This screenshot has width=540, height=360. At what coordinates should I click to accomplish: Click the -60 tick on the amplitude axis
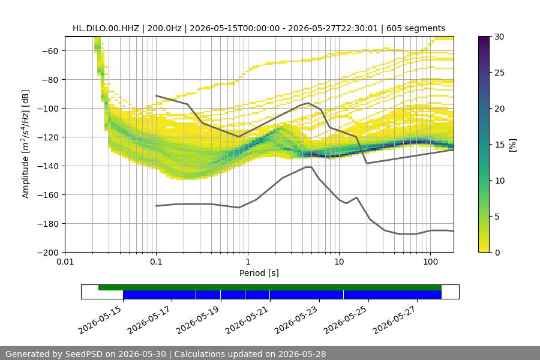[x=50, y=51]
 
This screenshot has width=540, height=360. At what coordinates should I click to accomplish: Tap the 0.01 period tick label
[x=65, y=262]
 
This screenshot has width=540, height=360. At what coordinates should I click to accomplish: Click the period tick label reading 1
[x=248, y=262]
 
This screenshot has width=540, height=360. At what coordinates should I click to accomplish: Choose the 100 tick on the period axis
[x=430, y=262]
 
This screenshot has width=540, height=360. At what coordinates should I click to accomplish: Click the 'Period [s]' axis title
[x=259, y=273]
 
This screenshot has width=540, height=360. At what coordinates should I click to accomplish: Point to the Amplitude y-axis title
[x=25, y=144]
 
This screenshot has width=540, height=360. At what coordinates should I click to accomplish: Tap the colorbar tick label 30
[x=499, y=37]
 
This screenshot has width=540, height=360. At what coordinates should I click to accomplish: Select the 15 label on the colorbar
[x=499, y=145]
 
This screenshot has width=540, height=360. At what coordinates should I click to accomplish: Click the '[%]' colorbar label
[x=513, y=145]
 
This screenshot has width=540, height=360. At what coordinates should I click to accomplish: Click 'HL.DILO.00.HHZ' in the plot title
[x=106, y=28]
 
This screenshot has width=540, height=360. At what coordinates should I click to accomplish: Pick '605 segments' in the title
[x=416, y=28]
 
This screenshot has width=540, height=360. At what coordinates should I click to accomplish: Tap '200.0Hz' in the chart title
[x=164, y=28]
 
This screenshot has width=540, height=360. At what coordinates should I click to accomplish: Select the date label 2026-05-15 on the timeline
[x=100, y=320]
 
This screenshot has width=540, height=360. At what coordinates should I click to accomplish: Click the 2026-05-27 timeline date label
[x=395, y=320]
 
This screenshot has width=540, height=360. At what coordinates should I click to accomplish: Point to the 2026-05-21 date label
[x=247, y=320]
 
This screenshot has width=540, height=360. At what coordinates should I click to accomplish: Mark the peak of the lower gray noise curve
[x=308, y=167]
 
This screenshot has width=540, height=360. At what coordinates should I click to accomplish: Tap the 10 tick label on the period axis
[x=339, y=262]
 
